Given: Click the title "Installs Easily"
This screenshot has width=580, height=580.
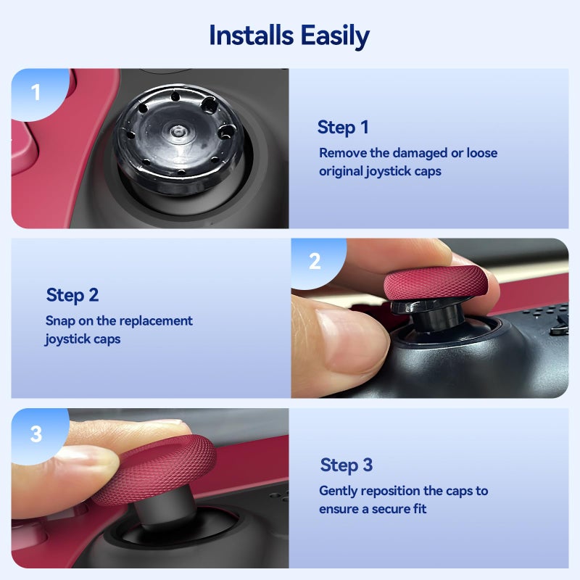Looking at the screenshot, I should pos(289,35).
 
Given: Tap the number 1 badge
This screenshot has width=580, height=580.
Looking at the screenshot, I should pos(36,92).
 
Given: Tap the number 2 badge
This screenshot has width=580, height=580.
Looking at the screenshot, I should pos(315,262).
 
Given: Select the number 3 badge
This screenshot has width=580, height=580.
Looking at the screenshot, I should pos(36,434).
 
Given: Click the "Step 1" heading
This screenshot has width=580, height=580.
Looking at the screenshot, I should pos(343,128).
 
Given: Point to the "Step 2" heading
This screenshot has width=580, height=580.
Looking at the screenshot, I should pos(72,295).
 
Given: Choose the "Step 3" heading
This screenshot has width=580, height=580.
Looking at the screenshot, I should pos(347,465).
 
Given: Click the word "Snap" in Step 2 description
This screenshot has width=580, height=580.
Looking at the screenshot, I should pos(60,320).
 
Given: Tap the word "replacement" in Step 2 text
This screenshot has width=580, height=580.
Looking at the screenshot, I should pos(154,320).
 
